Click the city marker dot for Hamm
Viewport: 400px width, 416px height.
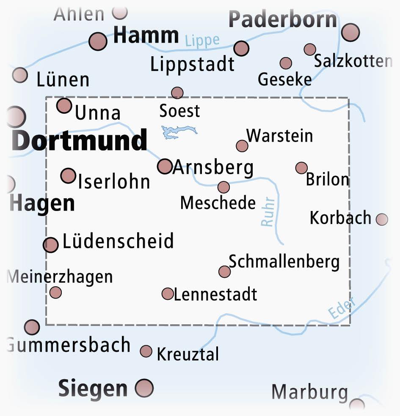[x=98, y=41]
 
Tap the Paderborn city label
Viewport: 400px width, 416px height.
[x=283, y=19]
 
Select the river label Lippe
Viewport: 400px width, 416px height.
[x=202, y=41]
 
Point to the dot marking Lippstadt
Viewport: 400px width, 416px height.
[x=241, y=48]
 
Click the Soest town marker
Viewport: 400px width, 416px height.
[x=177, y=93]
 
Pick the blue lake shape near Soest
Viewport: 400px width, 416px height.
[x=178, y=131]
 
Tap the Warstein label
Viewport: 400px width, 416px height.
[x=280, y=136]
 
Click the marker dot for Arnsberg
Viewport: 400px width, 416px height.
[x=165, y=166]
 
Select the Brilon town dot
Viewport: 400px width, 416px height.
[x=301, y=168]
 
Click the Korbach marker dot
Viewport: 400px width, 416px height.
[x=382, y=219]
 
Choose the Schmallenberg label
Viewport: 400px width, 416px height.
[x=284, y=262]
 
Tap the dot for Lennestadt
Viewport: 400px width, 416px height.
[x=168, y=293]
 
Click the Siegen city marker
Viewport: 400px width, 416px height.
[x=144, y=388]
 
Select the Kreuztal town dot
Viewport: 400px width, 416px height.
[x=146, y=351]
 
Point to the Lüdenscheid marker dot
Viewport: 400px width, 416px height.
[x=51, y=245]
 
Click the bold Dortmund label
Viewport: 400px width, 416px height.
[x=80, y=140]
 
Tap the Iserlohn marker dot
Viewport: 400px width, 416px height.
[x=68, y=175]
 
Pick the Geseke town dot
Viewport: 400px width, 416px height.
[x=286, y=63]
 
